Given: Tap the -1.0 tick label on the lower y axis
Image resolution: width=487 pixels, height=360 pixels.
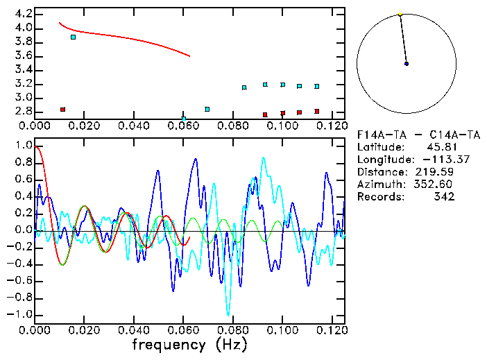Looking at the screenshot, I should pyautogui.click(x=19, y=314).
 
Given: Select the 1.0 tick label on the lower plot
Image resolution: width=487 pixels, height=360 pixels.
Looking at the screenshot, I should pyautogui.click(x=22, y=146).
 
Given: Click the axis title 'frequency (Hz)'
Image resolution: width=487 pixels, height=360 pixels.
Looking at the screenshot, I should pyautogui.click(x=189, y=345).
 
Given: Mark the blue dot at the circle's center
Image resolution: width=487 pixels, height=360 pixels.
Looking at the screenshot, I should pyautogui.click(x=407, y=64).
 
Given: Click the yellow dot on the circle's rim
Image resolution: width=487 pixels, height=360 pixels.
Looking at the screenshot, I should pyautogui.click(x=400, y=14).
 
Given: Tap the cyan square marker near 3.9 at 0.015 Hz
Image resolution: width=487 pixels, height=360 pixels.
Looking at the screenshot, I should pyautogui.click(x=73, y=37).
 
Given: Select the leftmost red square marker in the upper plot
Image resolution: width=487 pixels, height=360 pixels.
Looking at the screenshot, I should pyautogui.click(x=62, y=110).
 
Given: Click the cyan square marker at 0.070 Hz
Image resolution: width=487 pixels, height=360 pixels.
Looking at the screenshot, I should pyautogui.click(x=207, y=109).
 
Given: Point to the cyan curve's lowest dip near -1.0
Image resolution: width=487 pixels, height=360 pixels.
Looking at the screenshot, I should pyautogui.click(x=228, y=314).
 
